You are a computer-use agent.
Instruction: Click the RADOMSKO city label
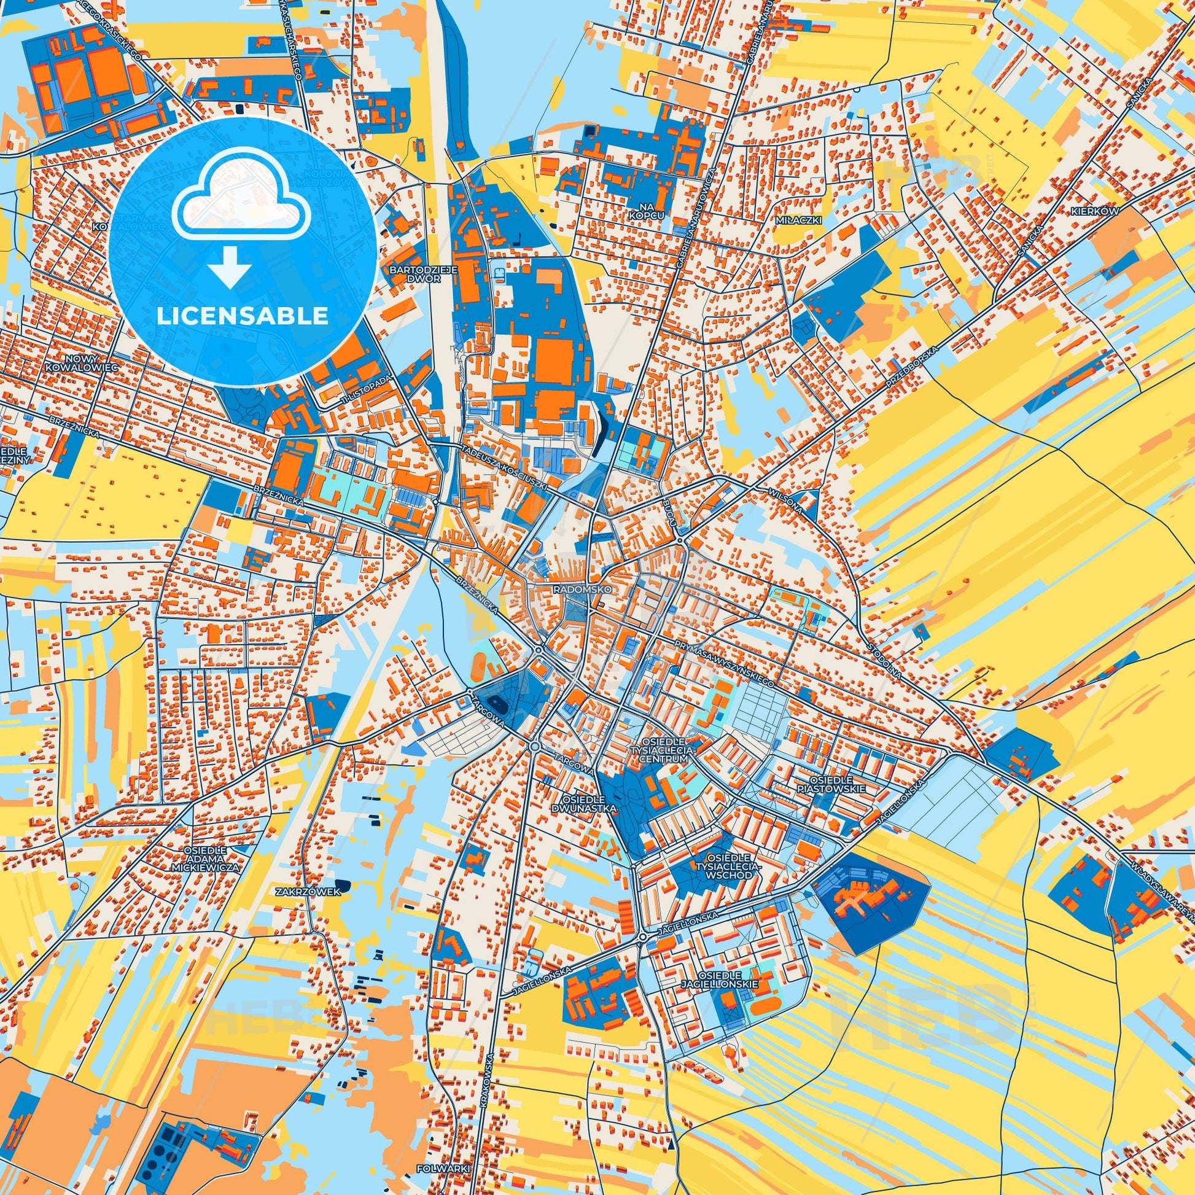click(x=581, y=590)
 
